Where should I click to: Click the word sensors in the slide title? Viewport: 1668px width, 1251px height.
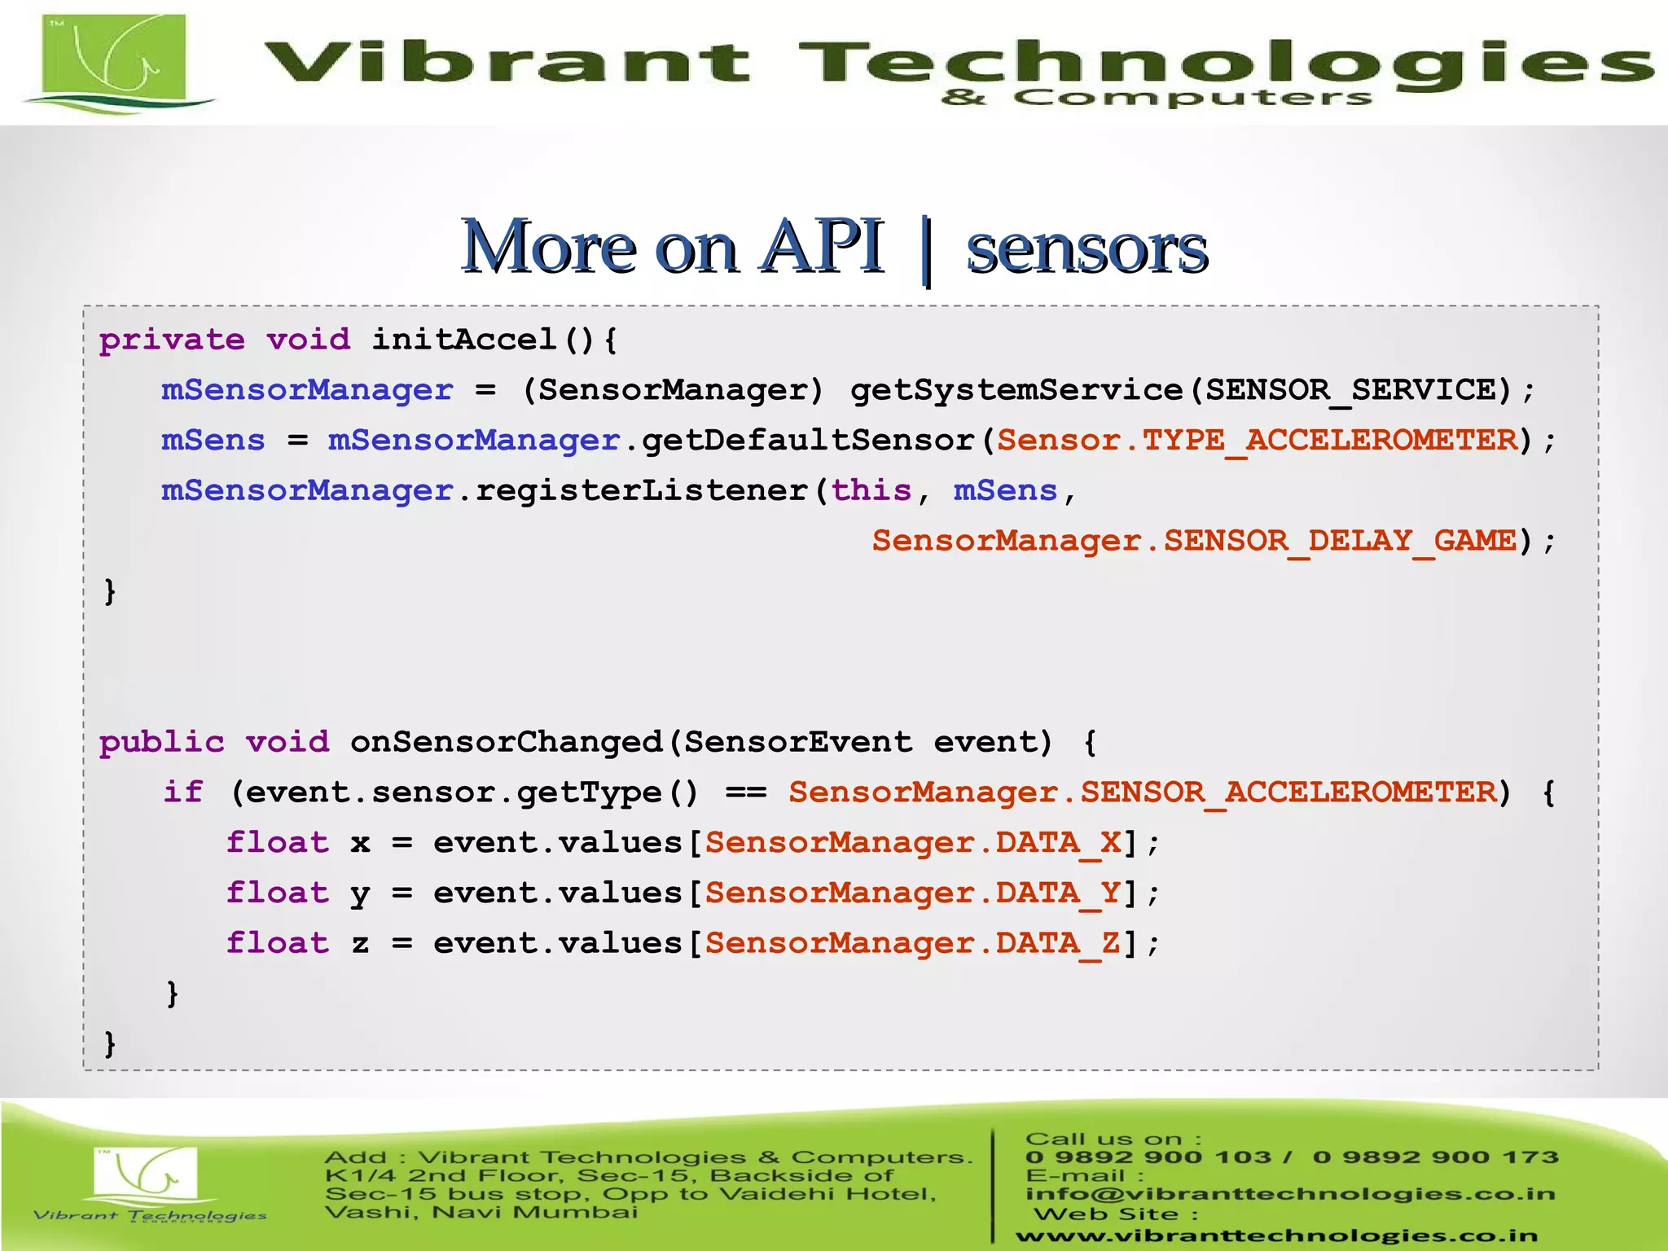coord(1086,249)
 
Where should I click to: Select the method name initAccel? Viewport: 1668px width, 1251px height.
coord(464,340)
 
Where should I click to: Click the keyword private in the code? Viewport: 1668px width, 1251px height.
coord(172,340)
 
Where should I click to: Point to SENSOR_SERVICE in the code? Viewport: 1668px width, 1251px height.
coord(1350,390)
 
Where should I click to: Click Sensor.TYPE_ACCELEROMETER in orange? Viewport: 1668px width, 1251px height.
coord(1258,441)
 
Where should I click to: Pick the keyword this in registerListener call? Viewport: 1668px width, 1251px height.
coord(871,490)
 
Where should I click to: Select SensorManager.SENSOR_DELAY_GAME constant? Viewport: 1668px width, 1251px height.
coord(1194,541)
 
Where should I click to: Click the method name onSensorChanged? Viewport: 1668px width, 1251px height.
coord(506,742)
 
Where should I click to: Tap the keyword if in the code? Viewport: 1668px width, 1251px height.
coord(183,792)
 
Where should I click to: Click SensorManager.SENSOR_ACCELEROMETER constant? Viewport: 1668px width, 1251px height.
coord(1142,792)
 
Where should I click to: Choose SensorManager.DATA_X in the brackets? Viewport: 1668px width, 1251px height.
coord(913,843)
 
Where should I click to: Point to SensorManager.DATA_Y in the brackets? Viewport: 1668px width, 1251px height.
coord(913,893)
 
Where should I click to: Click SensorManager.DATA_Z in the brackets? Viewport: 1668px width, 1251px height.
coord(913,943)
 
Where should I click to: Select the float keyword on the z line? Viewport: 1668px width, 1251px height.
coord(278,943)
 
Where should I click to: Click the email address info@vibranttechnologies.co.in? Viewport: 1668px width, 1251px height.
coord(1290,1194)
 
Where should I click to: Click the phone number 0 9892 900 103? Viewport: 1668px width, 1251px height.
coord(1148,1157)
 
